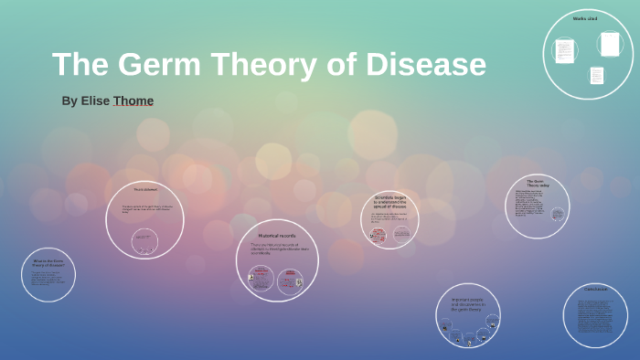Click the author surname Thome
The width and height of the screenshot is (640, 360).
coord(133,101)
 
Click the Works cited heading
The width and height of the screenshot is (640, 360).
coord(585,18)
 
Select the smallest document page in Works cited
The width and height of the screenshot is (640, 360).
coord(596,75)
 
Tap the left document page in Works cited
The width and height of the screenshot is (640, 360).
coord(565,50)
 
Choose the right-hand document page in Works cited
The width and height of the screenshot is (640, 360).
coord(610,44)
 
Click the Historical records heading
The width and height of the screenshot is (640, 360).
coord(276,236)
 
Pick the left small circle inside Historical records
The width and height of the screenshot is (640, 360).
coord(261,278)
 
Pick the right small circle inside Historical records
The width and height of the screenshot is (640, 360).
coord(291,281)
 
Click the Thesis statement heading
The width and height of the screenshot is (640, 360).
coord(144,190)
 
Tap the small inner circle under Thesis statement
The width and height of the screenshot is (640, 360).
coord(144,241)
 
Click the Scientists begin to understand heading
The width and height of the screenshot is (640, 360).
coord(389,201)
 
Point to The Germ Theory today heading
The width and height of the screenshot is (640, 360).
coord(537,184)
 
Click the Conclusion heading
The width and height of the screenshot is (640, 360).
coord(595,290)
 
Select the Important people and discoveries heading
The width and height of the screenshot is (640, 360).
coord(467,303)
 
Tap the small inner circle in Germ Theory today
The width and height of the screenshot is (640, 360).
coord(557,215)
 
